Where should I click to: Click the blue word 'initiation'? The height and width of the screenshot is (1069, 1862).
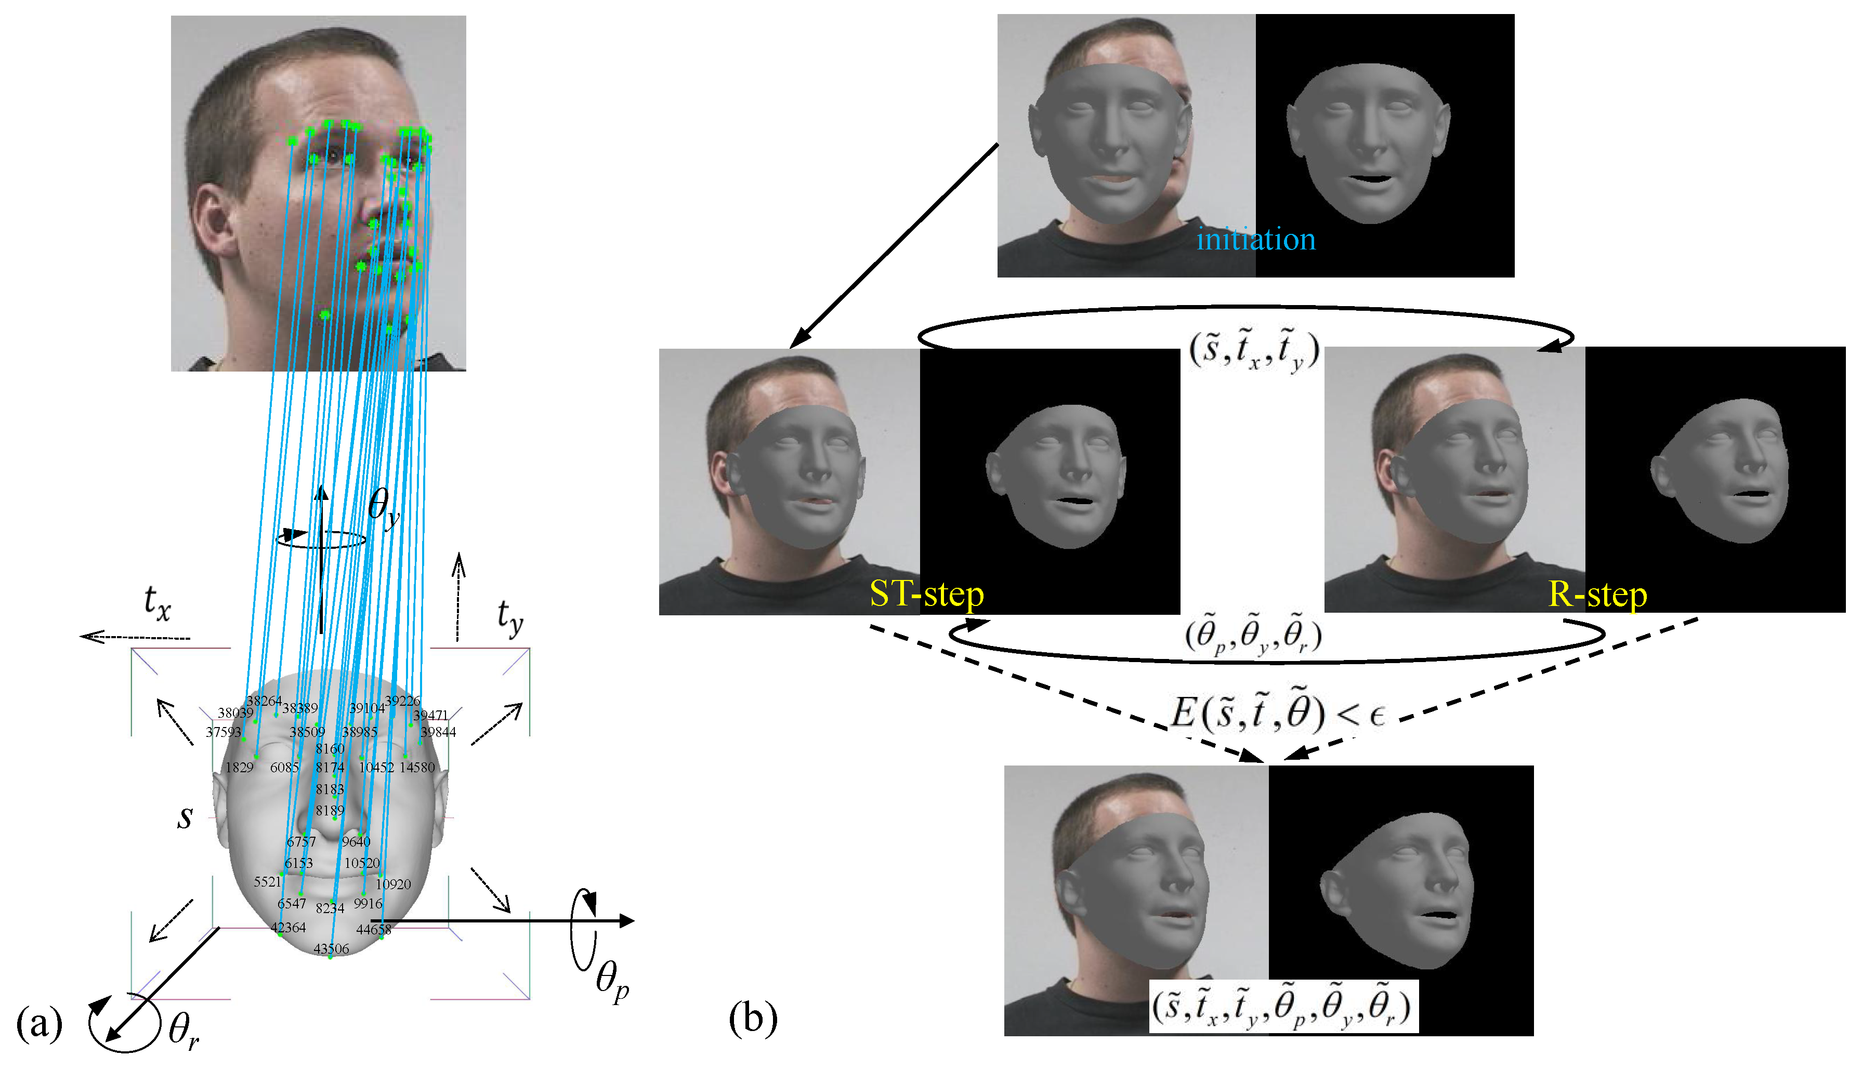pyautogui.click(x=1255, y=240)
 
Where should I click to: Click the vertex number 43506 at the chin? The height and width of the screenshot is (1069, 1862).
pyautogui.click(x=331, y=948)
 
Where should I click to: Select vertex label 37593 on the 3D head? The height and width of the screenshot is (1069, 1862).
pyautogui.click(x=223, y=732)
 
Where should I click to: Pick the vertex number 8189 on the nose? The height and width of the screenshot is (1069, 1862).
pyautogui.click(x=330, y=811)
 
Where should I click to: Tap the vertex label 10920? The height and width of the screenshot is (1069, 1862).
pyautogui.click(x=394, y=884)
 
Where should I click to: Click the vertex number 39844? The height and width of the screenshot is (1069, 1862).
pyautogui.click(x=438, y=732)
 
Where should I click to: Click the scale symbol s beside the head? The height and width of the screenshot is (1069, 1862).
pyautogui.click(x=185, y=816)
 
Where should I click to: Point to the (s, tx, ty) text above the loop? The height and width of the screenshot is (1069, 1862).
pyautogui.click(x=1254, y=351)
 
